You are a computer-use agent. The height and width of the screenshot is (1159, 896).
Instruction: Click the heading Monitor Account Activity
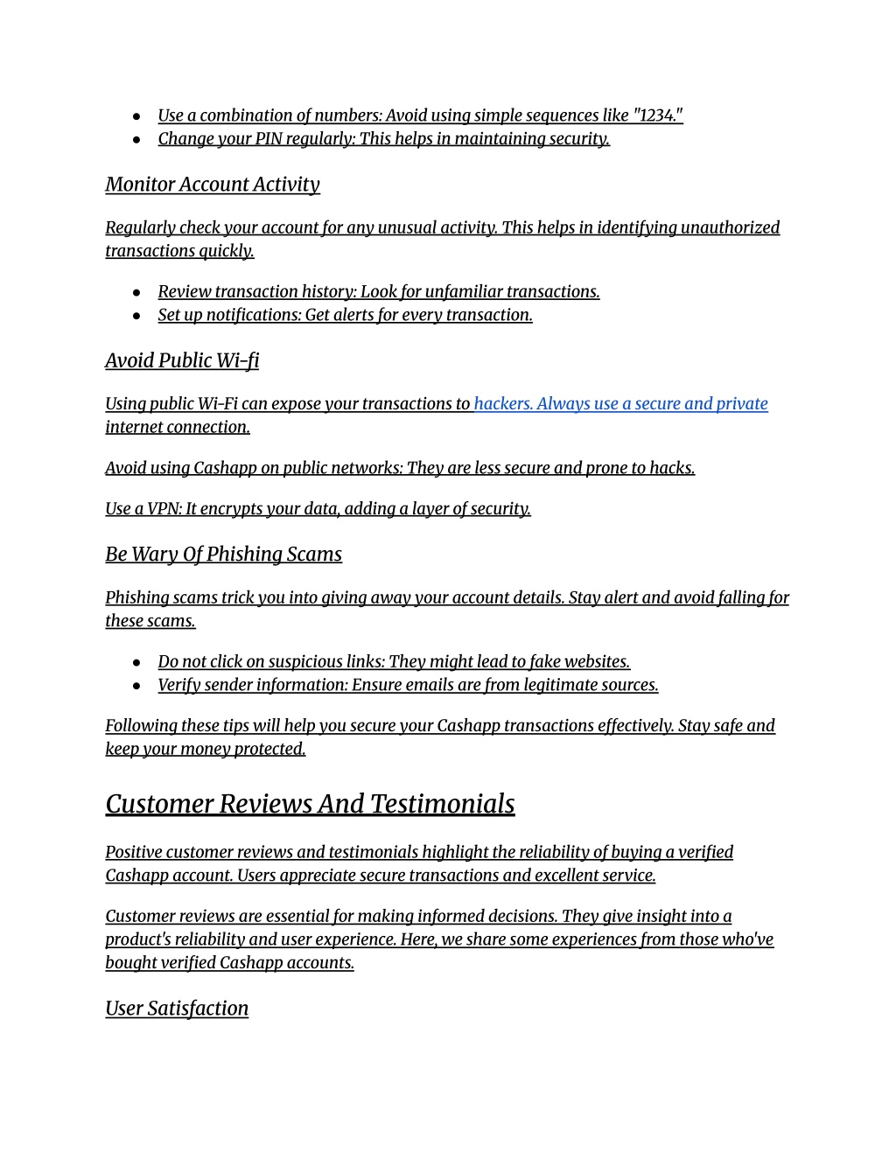coord(212,185)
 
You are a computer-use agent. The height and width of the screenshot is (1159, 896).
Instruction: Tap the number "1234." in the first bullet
coord(656,115)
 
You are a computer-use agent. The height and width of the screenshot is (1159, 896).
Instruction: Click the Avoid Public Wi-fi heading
coord(182,360)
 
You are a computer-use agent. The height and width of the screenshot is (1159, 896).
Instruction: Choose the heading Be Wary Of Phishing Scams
coord(223,555)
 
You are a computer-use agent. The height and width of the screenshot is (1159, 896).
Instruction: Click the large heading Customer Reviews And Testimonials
coord(310,804)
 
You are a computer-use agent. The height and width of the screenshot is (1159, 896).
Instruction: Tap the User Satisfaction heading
coord(177,1009)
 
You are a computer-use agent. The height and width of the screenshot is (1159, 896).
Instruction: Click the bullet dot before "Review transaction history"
coord(137,292)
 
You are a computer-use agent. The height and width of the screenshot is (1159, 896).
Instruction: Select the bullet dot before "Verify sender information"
coord(137,686)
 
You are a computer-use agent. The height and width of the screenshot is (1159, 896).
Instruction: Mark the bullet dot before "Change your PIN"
coord(137,140)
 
